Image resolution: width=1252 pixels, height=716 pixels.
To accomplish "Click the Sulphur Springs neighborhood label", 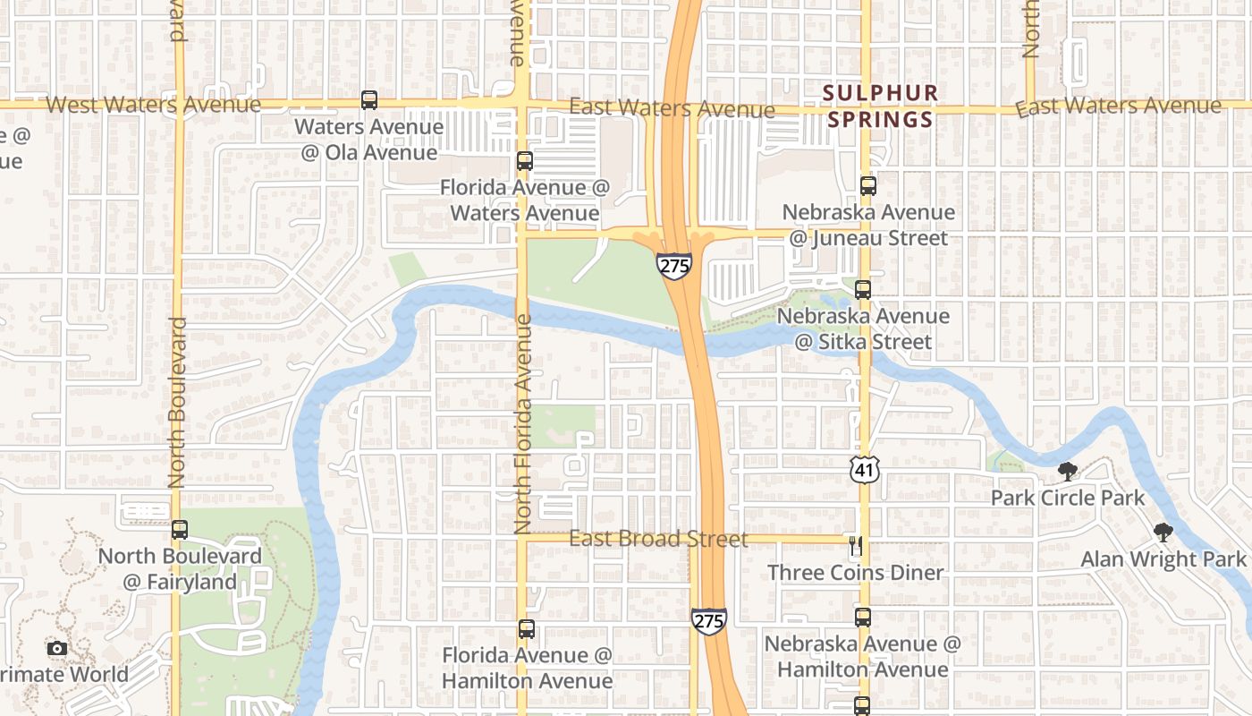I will coord(880,106).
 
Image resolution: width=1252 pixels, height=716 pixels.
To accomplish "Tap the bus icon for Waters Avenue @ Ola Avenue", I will coord(369,100).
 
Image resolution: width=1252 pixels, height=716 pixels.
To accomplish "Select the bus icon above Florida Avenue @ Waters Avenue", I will coord(525,162).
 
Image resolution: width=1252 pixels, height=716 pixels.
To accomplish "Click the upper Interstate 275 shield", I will coord(673,265).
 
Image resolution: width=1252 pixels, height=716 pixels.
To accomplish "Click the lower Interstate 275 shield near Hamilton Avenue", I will coord(708,621).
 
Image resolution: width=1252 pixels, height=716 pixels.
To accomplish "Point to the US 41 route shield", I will coord(865,468).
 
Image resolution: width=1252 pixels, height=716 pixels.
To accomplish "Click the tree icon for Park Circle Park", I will coord(1067,471).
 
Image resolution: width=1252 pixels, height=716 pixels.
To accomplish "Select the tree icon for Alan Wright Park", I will coord(1163,533).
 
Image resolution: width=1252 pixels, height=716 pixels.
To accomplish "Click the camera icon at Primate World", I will coord(57,648).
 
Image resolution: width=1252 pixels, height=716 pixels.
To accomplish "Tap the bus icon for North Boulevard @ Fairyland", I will coord(180,530).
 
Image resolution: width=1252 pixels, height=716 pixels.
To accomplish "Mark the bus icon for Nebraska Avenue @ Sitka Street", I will coord(863,290).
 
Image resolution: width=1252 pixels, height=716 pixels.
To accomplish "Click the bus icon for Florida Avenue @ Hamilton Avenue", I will coord(527,629).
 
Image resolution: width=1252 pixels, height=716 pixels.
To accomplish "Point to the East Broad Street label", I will coord(658,539).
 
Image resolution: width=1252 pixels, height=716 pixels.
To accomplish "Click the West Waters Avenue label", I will coord(153,105).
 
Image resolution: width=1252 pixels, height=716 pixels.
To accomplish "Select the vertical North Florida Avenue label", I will coord(523,422).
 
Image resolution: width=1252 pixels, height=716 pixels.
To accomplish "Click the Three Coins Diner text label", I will coord(855,573).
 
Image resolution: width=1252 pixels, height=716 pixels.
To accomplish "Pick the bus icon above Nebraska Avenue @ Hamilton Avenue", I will coord(863,618).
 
